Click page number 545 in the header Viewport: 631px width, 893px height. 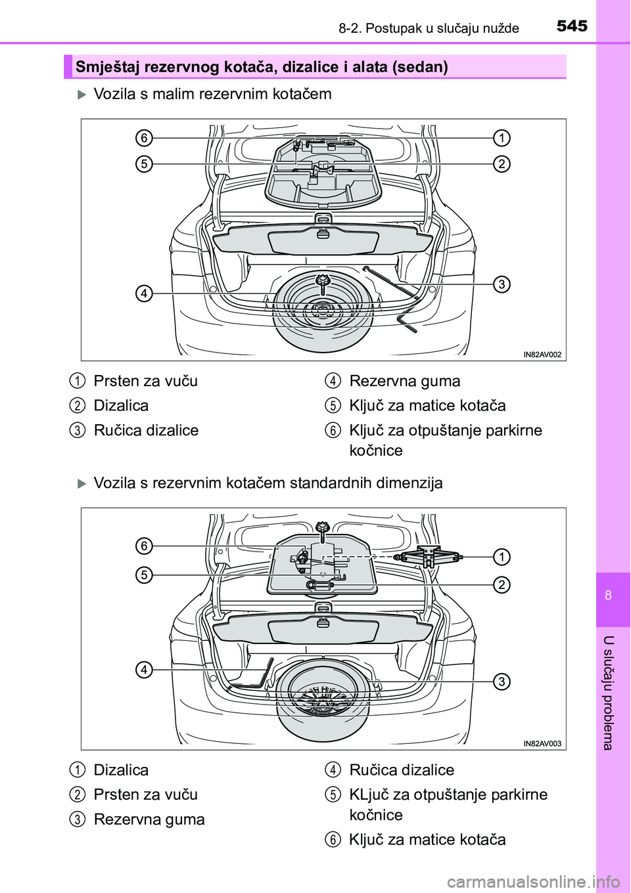pyautogui.click(x=572, y=26)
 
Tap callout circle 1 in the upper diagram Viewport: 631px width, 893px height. pyautogui.click(x=502, y=138)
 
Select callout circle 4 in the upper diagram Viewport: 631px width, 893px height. pyautogui.click(x=144, y=293)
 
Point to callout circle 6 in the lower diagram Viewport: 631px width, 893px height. pyautogui.click(x=144, y=546)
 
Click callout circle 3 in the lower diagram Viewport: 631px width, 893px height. pyautogui.click(x=502, y=682)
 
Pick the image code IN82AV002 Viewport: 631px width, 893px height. pyautogui.click(x=542, y=355)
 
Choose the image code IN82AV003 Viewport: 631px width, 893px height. pyautogui.click(x=542, y=744)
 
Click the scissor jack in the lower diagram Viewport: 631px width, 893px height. pyautogui.click(x=428, y=557)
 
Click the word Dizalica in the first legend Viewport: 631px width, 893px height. pyautogui.click(x=121, y=406)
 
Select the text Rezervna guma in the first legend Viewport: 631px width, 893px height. pyautogui.click(x=405, y=381)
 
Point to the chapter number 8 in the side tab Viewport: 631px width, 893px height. pyautogui.click(x=608, y=596)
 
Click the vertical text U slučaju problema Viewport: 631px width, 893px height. pyautogui.click(x=608, y=693)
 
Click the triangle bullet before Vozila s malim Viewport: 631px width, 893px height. pyautogui.click(x=82, y=95)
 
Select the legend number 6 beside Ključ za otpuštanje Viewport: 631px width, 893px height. pyautogui.click(x=333, y=431)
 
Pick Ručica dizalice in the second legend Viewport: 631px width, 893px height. pyautogui.click(x=402, y=770)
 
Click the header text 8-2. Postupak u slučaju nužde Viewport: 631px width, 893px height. pyautogui.click(x=429, y=28)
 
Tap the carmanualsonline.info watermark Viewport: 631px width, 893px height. pyautogui.click(x=532, y=881)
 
